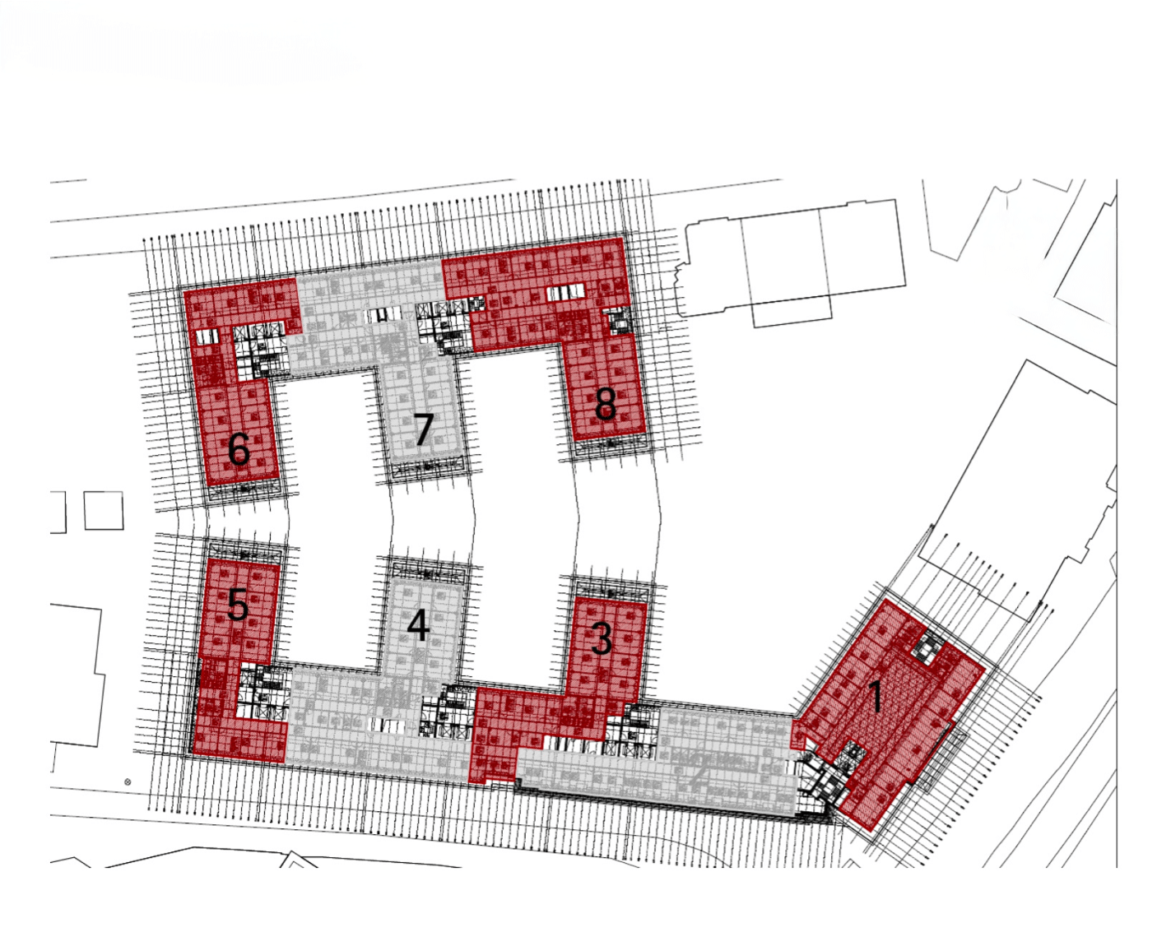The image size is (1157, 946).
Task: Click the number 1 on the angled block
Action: coord(876,695)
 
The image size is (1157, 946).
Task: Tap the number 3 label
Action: coord(602,639)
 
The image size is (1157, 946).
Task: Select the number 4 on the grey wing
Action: coord(418,626)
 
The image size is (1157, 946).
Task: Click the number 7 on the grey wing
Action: coord(423,429)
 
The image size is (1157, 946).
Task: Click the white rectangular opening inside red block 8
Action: coord(565,292)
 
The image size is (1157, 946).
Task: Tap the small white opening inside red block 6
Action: coord(207,336)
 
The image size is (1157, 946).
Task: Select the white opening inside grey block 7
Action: coord(384,315)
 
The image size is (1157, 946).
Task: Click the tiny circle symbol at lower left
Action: coord(128,782)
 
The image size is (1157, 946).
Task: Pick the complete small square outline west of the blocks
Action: coord(104,510)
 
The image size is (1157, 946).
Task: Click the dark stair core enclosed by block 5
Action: coord(263,691)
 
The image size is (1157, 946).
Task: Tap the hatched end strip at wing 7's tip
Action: coord(426,467)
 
